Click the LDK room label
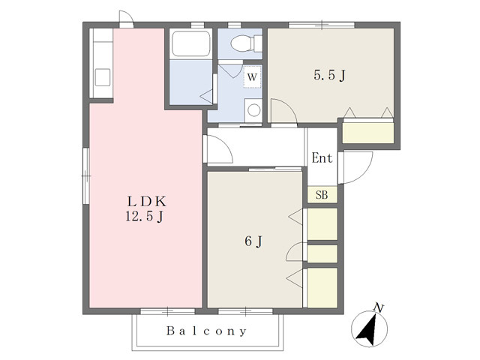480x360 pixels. (x=147, y=202)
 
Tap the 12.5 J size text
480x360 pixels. (x=144, y=217)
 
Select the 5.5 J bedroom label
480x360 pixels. (x=330, y=75)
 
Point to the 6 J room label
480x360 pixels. (x=253, y=241)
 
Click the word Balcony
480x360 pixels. (x=207, y=331)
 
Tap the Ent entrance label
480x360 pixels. (x=322, y=158)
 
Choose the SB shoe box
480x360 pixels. (x=322, y=195)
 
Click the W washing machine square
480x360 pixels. (x=252, y=76)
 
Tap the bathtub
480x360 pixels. (x=190, y=43)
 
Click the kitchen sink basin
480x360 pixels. (x=103, y=77)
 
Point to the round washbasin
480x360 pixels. (x=253, y=110)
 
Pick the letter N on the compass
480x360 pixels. (x=379, y=307)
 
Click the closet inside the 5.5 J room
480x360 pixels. (x=368, y=133)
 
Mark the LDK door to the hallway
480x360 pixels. (x=218, y=148)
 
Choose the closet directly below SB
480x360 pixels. (x=322, y=224)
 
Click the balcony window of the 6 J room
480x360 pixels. (x=245, y=312)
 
